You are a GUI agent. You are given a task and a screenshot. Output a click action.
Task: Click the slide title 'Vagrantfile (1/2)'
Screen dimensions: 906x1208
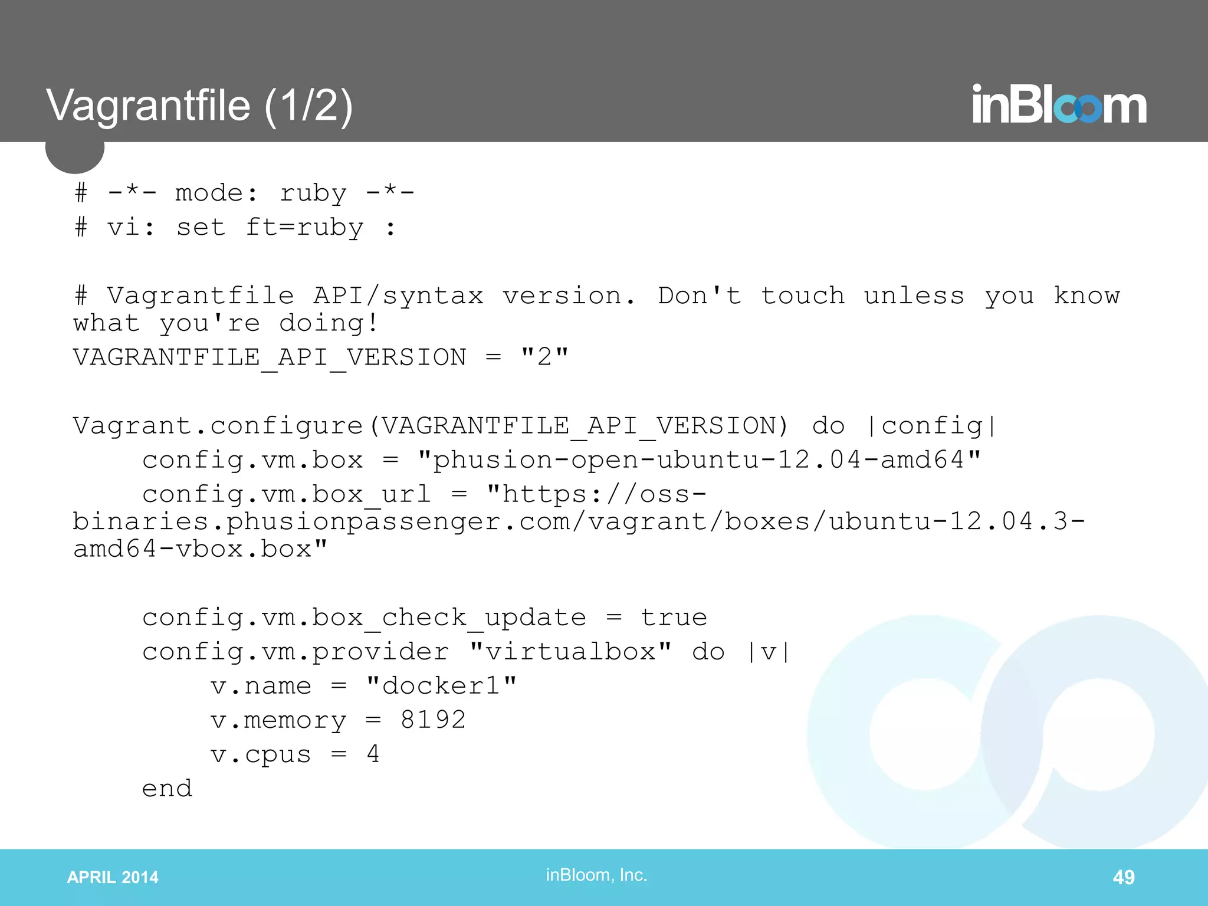199,106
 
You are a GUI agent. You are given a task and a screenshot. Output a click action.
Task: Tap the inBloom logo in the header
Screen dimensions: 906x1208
1059,105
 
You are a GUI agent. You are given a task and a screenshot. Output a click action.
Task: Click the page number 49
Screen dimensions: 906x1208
1123,877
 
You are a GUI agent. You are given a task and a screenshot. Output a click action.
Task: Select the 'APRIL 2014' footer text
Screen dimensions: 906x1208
113,877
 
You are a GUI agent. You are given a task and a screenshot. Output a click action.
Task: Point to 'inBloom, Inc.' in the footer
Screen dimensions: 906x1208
596,875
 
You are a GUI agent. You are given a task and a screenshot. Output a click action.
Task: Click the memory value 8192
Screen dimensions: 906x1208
433,720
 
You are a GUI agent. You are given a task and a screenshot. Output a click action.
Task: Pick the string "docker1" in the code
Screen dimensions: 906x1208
441,685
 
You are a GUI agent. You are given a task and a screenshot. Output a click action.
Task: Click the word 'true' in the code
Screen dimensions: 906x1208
674,618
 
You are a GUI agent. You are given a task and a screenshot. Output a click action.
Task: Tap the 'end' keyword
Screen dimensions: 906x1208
168,788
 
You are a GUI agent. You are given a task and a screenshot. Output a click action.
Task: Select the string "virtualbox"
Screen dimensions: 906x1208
570,652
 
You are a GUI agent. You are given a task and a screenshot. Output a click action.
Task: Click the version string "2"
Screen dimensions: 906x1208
544,357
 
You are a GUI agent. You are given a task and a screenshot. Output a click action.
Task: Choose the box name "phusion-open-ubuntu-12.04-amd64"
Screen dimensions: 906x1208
699,460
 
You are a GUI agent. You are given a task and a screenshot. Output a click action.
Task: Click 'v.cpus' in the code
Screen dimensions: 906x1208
261,754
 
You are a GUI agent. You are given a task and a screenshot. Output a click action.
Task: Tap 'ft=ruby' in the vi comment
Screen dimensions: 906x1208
304,227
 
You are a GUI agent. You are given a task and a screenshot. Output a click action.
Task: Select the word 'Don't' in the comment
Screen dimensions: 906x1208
700,296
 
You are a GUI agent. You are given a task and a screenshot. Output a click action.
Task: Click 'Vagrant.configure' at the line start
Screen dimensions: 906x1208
218,426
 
